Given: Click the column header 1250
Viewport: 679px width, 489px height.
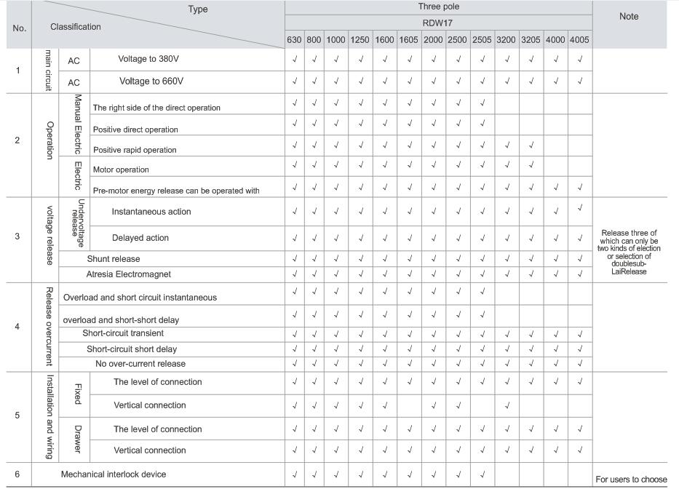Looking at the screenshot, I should coord(360,40).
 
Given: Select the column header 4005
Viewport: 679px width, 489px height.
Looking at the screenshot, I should coord(580,40).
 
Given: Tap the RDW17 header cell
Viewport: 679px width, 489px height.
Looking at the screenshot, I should coord(438,23).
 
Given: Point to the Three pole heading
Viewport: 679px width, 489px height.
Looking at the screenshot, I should coord(438,7).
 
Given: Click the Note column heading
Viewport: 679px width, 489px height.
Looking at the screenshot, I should coord(629,17).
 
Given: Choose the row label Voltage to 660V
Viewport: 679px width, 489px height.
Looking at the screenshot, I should coord(151,81).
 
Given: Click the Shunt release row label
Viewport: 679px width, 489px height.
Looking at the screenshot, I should coord(114,259).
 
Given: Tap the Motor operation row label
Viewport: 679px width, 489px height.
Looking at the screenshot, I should coord(121,170).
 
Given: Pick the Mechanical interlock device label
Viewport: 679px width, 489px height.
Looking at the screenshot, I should coord(114,474).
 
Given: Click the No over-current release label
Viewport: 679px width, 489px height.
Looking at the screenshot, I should coord(140,364).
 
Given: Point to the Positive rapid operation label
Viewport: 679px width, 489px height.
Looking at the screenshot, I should coord(135,150).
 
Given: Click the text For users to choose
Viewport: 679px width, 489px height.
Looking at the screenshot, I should coord(631,480).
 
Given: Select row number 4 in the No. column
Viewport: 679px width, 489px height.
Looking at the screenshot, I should coord(17,326).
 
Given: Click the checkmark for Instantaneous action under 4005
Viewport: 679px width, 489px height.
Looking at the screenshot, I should coord(580,209).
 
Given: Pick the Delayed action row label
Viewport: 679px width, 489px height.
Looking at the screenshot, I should coord(140,238).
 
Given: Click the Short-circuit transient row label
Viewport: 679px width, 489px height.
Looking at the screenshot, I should coord(129,333).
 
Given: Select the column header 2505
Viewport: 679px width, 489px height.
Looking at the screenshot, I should coord(483,40).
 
